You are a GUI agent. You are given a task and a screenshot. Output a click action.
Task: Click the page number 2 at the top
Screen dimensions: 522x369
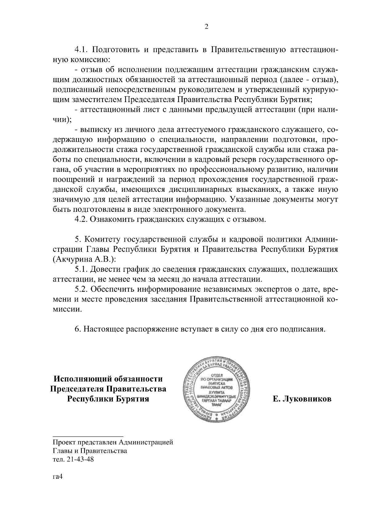coord(206,27)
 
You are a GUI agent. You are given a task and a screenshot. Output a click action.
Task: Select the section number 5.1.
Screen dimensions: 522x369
coord(81,270)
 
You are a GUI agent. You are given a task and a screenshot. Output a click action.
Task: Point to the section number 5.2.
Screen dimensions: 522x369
coord(81,290)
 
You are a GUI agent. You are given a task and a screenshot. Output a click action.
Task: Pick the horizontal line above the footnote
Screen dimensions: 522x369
coord(88,436)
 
